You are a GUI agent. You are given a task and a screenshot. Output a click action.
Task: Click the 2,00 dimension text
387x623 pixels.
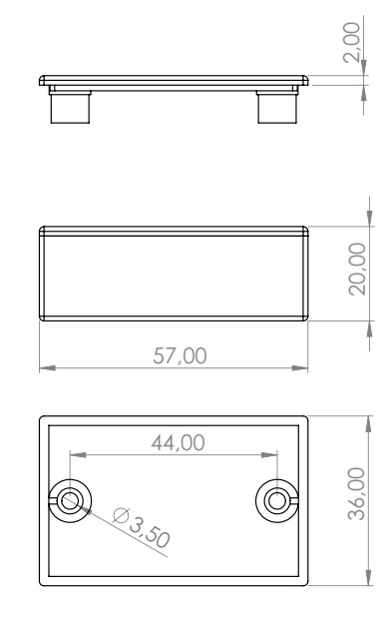click(x=352, y=42)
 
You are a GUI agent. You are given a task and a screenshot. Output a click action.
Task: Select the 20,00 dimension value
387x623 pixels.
click(x=357, y=269)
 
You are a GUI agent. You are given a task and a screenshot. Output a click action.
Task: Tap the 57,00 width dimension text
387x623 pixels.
click(x=180, y=355)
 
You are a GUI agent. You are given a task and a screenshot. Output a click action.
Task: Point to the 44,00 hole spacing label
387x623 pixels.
click(x=179, y=442)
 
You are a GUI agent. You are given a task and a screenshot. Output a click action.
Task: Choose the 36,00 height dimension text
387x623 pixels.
click(x=356, y=493)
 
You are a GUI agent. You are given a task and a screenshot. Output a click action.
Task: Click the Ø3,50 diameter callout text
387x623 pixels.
click(x=142, y=527)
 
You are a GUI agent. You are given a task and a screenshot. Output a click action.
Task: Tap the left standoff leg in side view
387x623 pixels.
click(x=70, y=107)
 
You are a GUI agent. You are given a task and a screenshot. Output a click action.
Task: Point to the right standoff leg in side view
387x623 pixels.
click(x=277, y=107)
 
